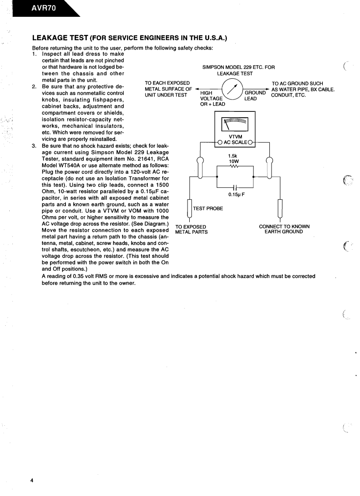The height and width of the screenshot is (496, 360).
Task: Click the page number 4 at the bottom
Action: (x=31, y=480)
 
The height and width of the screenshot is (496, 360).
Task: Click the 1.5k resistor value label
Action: (x=232, y=156)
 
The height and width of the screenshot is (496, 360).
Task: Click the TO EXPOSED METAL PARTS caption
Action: (x=191, y=229)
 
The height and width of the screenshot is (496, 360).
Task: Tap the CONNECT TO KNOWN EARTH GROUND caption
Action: (x=284, y=229)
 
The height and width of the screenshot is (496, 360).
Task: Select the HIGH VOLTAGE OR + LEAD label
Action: (x=213, y=98)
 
